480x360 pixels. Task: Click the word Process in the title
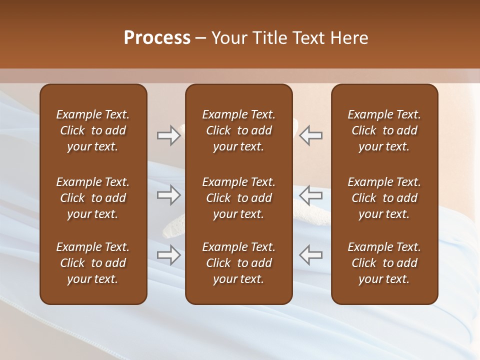[157, 38]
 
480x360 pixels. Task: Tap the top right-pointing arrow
[168, 135]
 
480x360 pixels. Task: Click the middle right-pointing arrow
[168, 194]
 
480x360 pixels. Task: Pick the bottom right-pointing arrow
[168, 255]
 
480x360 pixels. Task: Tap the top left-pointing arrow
[311, 135]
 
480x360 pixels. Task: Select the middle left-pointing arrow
[311, 194]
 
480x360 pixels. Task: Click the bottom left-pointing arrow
[311, 255]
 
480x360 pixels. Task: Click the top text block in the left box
[93, 130]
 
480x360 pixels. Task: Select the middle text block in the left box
[93, 198]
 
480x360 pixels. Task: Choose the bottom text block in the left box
[93, 263]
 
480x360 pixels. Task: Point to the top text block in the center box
[239, 130]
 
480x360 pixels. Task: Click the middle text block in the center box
[239, 198]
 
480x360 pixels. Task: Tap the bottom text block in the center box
[239, 263]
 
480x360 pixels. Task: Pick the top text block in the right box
[384, 130]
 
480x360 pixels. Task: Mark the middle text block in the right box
[384, 198]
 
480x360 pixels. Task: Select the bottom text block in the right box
[384, 263]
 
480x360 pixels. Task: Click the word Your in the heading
[230, 38]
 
